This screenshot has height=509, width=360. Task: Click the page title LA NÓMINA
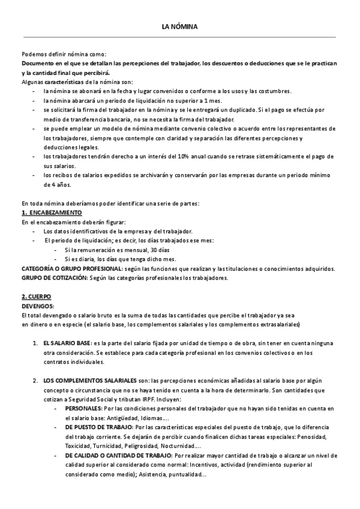179,26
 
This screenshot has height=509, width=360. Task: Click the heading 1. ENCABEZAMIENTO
52,213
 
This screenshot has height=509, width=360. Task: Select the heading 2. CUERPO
36,297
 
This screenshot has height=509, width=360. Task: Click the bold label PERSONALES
83,408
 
